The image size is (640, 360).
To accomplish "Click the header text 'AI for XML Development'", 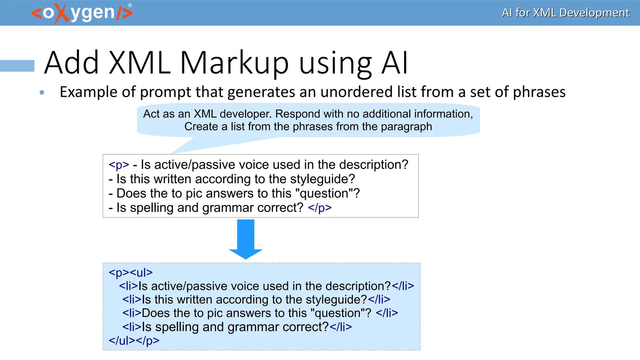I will [x=565, y=13].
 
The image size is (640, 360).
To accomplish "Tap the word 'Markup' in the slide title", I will [x=234, y=63].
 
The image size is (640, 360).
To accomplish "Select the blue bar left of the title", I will [x=17, y=66].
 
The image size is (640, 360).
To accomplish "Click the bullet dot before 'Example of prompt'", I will [x=42, y=92].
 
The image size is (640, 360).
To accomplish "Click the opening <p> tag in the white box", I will [x=119, y=165].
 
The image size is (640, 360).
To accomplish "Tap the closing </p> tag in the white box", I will [x=320, y=207].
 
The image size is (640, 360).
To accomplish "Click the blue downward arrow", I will [x=246, y=239].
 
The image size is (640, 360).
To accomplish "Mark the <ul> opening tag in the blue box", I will [x=141, y=272].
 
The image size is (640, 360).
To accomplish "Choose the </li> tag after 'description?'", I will [x=403, y=286].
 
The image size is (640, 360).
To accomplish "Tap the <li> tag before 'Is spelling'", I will [x=132, y=327].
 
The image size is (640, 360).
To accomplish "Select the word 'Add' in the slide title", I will [x=72, y=63].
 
